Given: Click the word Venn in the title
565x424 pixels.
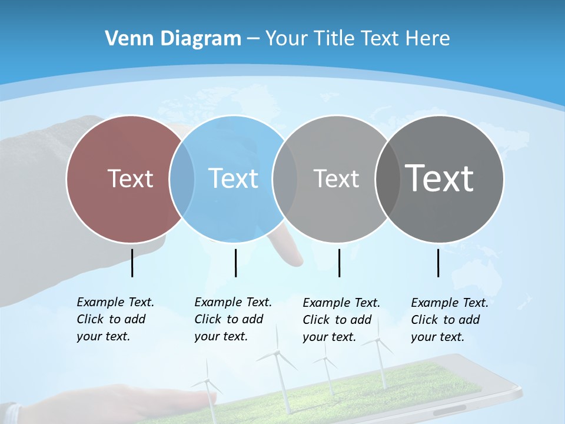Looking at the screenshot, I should point(122,39).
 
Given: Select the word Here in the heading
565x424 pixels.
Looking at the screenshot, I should point(428,39).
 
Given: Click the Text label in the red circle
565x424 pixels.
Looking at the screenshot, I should point(130,178).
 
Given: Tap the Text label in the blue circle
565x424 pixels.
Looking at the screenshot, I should point(233,178).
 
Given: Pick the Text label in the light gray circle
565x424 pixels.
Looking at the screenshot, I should point(336,178).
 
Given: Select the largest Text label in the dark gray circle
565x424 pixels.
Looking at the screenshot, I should point(440,178).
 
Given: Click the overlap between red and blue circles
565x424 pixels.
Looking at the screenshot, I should point(182,179).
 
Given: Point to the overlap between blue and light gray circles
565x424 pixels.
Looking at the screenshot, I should point(285,179).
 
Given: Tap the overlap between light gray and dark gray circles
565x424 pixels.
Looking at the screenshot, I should point(387,179).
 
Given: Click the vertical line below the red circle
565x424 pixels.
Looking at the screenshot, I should point(132,263).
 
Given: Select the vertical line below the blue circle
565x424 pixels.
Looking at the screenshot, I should point(235,263).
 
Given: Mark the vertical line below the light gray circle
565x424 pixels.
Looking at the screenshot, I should point(339,263).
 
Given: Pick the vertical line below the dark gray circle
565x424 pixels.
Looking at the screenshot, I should point(438,263).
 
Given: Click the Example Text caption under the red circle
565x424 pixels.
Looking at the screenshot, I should point(115,319).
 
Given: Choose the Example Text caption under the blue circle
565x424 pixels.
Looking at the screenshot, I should point(232,319).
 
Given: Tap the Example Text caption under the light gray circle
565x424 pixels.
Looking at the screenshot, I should point(341,320).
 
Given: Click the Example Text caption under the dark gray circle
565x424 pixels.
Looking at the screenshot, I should point(449,320).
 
